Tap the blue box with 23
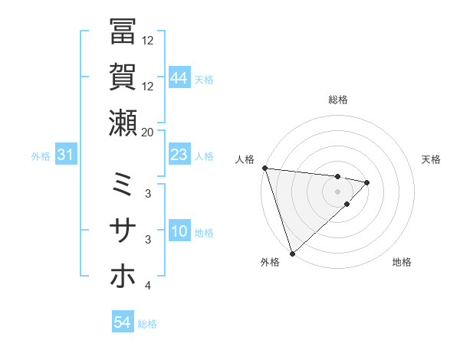[179, 155]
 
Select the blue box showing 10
[179, 232]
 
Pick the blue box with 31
[66, 155]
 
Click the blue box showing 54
[123, 322]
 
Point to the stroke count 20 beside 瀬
[148, 132]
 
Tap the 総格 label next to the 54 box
[147, 324]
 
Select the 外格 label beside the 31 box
[41, 156]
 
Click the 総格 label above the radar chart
[338, 100]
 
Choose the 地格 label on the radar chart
[402, 263]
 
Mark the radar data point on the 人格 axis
[264, 168]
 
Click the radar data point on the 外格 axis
[292, 253]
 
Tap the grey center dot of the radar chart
[338, 191]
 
